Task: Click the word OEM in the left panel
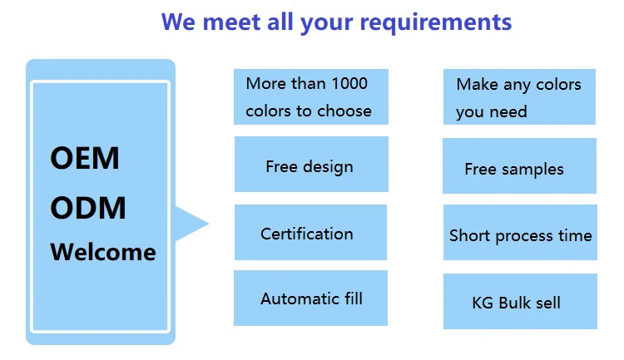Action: point(85,158)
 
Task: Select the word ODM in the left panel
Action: point(88,207)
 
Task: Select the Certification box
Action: point(310,233)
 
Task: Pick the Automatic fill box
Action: point(310,298)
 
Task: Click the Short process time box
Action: point(520,234)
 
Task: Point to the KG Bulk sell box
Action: point(520,301)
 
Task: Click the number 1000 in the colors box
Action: point(349,83)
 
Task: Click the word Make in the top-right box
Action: point(478,84)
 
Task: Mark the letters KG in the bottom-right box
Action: point(483,302)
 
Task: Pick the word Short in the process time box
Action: point(469,235)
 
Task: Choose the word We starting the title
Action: point(179,22)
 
